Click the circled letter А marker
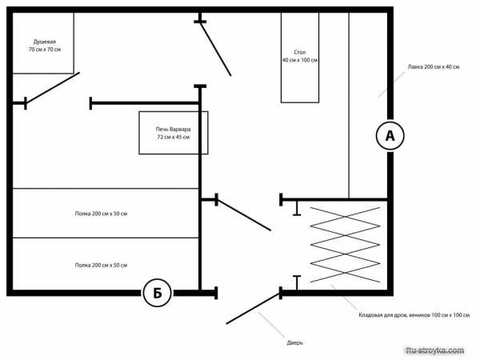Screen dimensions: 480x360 pyautogui.click(x=390, y=136)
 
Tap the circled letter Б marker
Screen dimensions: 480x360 pyautogui.click(x=157, y=293)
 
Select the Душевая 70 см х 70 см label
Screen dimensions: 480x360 pyautogui.click(x=45, y=46)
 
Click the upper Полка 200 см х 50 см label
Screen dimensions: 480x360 pyautogui.click(x=101, y=214)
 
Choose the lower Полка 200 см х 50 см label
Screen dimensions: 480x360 pyautogui.click(x=101, y=265)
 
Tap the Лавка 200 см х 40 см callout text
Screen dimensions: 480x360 pyautogui.click(x=434, y=66)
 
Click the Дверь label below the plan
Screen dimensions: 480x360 pyautogui.click(x=294, y=343)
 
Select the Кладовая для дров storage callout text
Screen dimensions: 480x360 pyautogui.click(x=414, y=315)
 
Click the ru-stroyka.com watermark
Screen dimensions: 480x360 pyautogui.click(x=435, y=350)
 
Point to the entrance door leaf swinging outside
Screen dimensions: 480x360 pyautogui.click(x=254, y=309)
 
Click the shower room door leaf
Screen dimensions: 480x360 pyautogui.click(x=53, y=87)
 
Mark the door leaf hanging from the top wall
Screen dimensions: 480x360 pyautogui.click(x=215, y=49)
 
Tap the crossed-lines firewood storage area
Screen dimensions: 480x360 pyautogui.click(x=345, y=245)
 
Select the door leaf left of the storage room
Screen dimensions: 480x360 pyautogui.click(x=244, y=215)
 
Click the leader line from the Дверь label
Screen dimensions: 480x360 pyautogui.click(x=271, y=325)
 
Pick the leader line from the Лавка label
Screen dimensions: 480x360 pyautogui.click(x=391, y=85)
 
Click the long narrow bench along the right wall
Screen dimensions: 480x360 pyautogui.click(x=368, y=105)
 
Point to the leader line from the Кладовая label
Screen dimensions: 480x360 pyautogui.click(x=344, y=296)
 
